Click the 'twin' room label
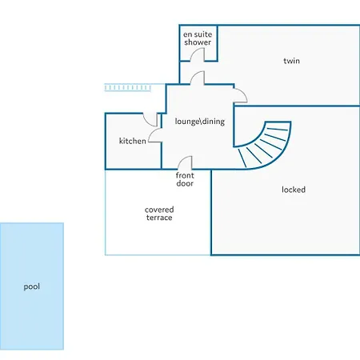[291, 61]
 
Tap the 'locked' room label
[294, 190]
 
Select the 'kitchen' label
[133, 141]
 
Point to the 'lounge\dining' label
[200, 122]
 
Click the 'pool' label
[32, 287]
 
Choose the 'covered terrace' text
[159, 214]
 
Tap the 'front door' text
[185, 179]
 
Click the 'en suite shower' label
[198, 38]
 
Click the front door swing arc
[182, 159]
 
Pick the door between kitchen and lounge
[152, 133]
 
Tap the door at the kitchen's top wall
[147, 122]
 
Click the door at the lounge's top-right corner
[243, 93]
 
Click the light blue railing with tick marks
[127, 87]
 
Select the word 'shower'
[198, 42]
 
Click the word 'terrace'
[159, 218]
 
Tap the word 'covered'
[159, 210]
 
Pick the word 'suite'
[203, 34]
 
